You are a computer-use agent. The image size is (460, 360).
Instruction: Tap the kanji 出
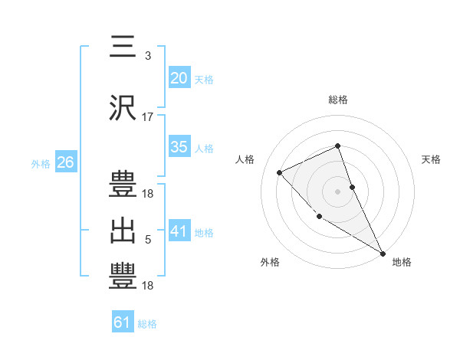122,229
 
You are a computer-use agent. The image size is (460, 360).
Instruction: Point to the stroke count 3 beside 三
147,56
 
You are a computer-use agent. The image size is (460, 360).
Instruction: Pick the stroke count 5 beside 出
147,240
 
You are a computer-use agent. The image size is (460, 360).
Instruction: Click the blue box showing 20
179,77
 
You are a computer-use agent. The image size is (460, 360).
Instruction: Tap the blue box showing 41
179,231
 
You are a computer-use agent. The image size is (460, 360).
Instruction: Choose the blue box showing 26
65,162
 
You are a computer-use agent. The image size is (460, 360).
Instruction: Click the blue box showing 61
123,322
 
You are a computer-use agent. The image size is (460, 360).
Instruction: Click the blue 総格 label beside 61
147,324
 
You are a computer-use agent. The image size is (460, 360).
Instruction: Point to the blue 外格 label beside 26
41,163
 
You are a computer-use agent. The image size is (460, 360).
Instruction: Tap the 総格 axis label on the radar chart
338,100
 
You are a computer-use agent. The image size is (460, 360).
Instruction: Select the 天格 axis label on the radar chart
432,159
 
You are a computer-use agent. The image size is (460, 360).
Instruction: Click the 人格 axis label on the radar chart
245,159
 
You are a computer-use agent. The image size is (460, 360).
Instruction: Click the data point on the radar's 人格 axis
280,172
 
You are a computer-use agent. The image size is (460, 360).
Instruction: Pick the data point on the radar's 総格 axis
338,146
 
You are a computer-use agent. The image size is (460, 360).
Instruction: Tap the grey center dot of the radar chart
338,191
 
